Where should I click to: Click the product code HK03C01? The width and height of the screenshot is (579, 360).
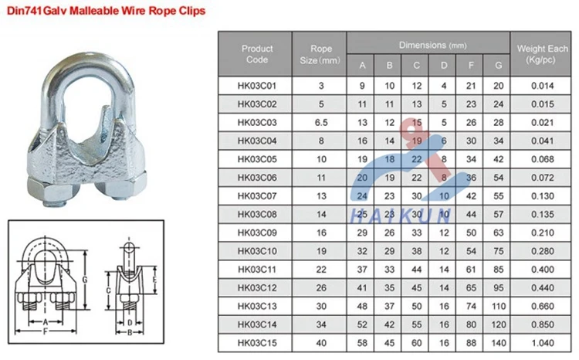coord(257,84)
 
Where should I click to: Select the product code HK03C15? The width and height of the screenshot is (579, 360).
coord(257,341)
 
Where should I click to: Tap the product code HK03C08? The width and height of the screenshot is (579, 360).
coord(257,213)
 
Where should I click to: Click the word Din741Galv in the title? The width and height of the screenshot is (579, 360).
coord(34,14)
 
